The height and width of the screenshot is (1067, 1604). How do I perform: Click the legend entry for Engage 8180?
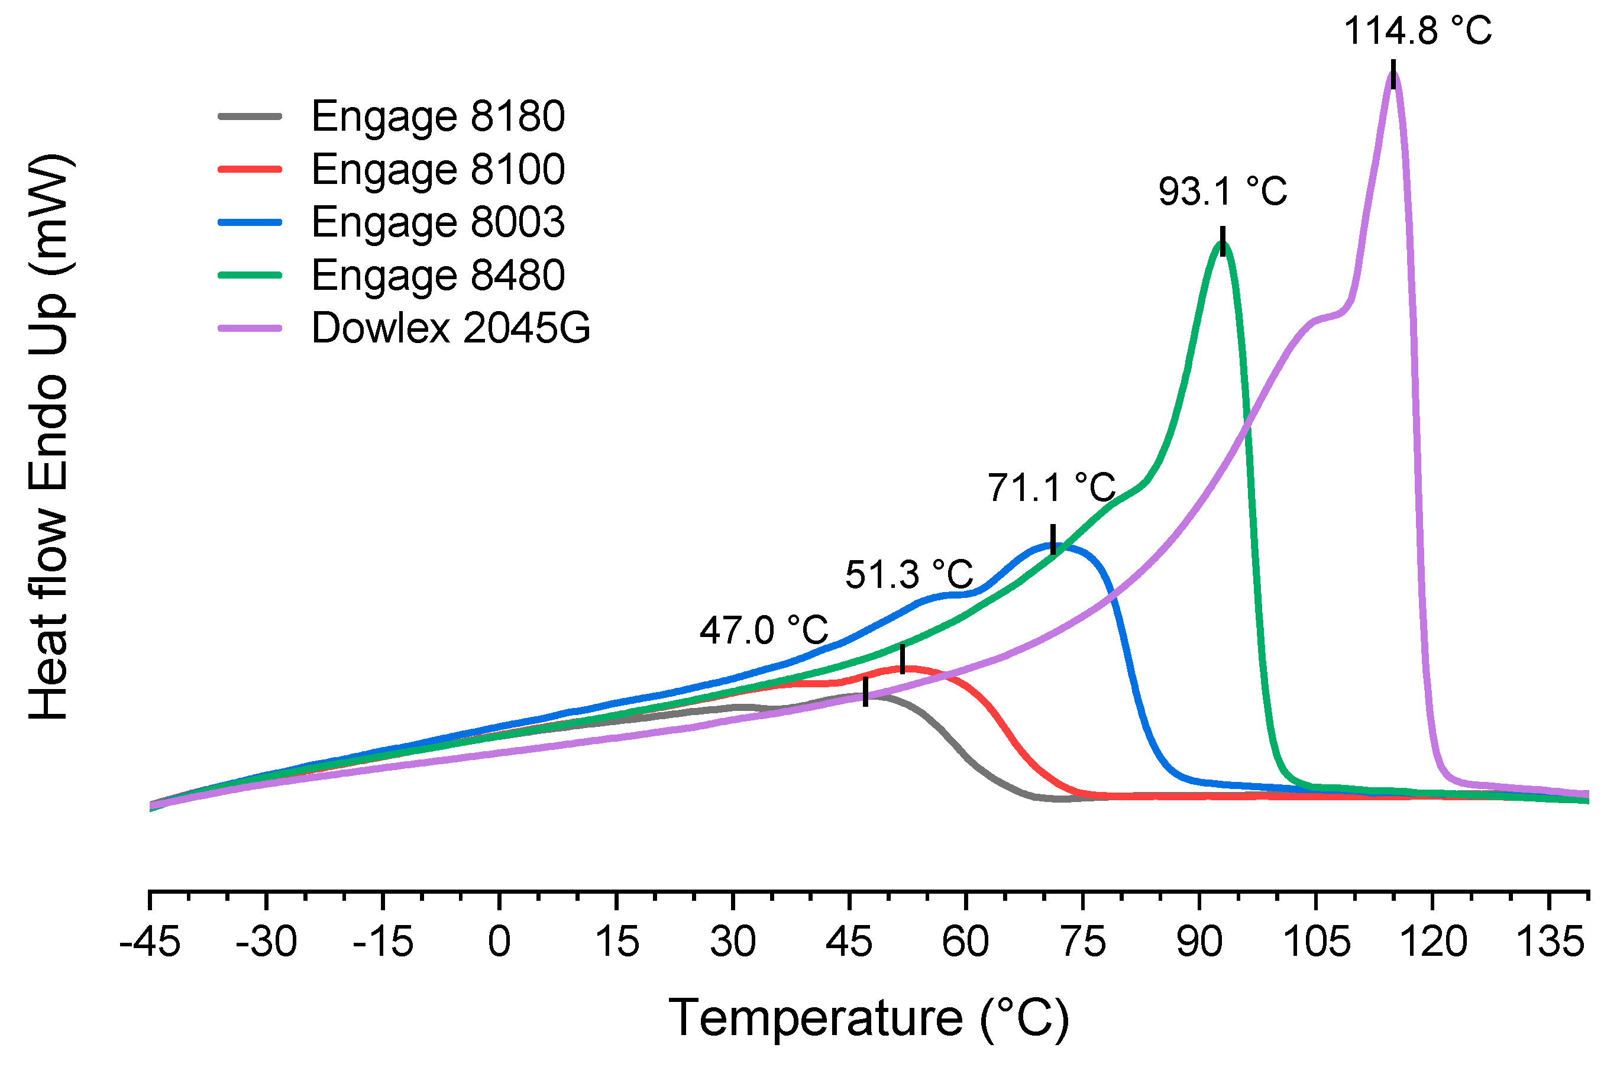437,116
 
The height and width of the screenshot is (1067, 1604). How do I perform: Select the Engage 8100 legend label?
437,169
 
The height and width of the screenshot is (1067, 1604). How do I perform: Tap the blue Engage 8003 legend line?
250,222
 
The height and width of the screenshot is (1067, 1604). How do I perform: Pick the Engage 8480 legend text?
437,275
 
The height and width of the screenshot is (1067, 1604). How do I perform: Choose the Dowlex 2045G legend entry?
450,328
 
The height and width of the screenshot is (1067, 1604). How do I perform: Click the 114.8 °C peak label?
1417,31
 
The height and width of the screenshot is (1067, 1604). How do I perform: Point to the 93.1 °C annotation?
1223,191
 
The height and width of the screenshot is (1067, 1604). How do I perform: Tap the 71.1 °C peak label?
1052,488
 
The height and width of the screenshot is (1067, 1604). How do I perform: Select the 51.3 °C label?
908,574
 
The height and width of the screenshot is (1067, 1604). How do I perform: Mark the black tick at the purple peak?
1393,73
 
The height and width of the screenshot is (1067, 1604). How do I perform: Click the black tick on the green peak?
1223,241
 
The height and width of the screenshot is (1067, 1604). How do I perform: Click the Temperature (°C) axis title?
869,1018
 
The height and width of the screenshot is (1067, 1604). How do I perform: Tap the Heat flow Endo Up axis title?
49,435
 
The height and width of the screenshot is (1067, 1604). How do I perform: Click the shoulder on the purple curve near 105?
1324,318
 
